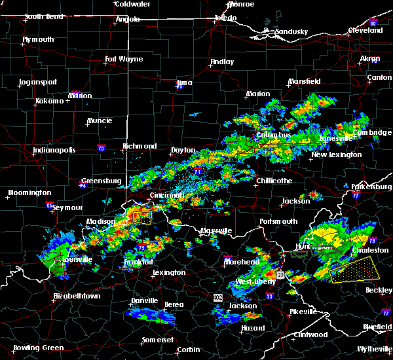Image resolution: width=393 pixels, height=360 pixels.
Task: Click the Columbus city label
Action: coord(273,135)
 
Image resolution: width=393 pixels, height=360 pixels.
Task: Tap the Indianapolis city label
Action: coord(54,150)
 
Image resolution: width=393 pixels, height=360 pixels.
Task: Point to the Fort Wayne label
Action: coord(124,59)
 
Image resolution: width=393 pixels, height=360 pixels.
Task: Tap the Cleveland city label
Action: coord(365,30)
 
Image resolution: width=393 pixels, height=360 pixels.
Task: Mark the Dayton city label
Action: coord(183,150)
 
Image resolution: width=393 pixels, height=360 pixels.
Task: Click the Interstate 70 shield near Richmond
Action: coord(100,148)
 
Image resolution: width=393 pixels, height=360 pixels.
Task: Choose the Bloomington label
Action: coord(29,192)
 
